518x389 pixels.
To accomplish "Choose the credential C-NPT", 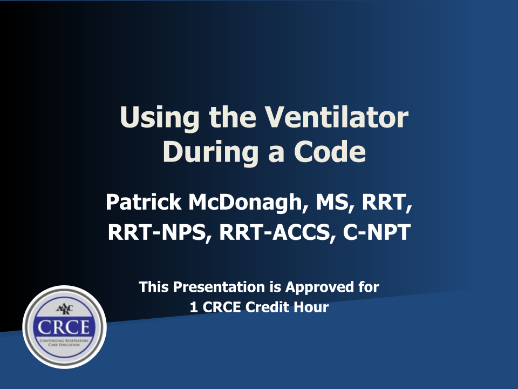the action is click(377, 232).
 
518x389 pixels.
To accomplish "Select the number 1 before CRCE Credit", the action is click(194, 307).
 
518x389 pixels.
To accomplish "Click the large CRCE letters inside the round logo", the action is click(64, 327).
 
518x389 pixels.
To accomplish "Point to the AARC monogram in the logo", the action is click(64, 309).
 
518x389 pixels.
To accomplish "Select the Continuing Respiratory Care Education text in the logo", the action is click(64, 343).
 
